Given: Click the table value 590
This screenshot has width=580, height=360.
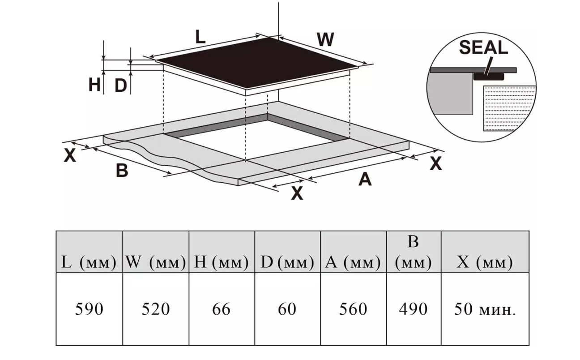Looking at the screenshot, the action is click(89, 309).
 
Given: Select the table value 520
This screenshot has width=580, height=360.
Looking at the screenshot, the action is click(156, 309).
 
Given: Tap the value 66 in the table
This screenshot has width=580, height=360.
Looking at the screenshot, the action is click(221, 309).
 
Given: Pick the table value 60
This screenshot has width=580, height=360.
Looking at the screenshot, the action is click(287, 309).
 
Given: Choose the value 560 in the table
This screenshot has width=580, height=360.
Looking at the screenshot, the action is click(353, 309).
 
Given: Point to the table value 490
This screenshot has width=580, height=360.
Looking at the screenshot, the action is click(413, 309).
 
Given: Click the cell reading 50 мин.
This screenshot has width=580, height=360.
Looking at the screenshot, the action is click(485, 309).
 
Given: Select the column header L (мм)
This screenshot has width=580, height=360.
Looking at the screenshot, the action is click(89, 262).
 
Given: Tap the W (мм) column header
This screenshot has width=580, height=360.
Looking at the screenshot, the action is click(156, 262).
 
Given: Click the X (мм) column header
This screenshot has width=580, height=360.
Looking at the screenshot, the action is click(485, 262).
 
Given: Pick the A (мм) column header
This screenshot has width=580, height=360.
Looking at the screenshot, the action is click(353, 262).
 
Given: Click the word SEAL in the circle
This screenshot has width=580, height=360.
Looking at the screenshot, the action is click(483, 47).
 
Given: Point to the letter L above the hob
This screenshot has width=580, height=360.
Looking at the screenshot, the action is click(200, 37).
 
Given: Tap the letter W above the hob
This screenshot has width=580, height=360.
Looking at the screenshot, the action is click(325, 39).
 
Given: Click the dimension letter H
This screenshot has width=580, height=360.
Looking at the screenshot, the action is click(94, 85).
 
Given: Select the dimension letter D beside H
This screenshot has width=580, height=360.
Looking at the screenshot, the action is click(121, 85).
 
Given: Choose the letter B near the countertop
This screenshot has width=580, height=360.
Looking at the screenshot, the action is click(122, 170).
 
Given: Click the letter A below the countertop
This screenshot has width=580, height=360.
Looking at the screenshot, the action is click(365, 179).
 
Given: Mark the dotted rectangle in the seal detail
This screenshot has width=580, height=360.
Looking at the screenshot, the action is click(510, 108).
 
